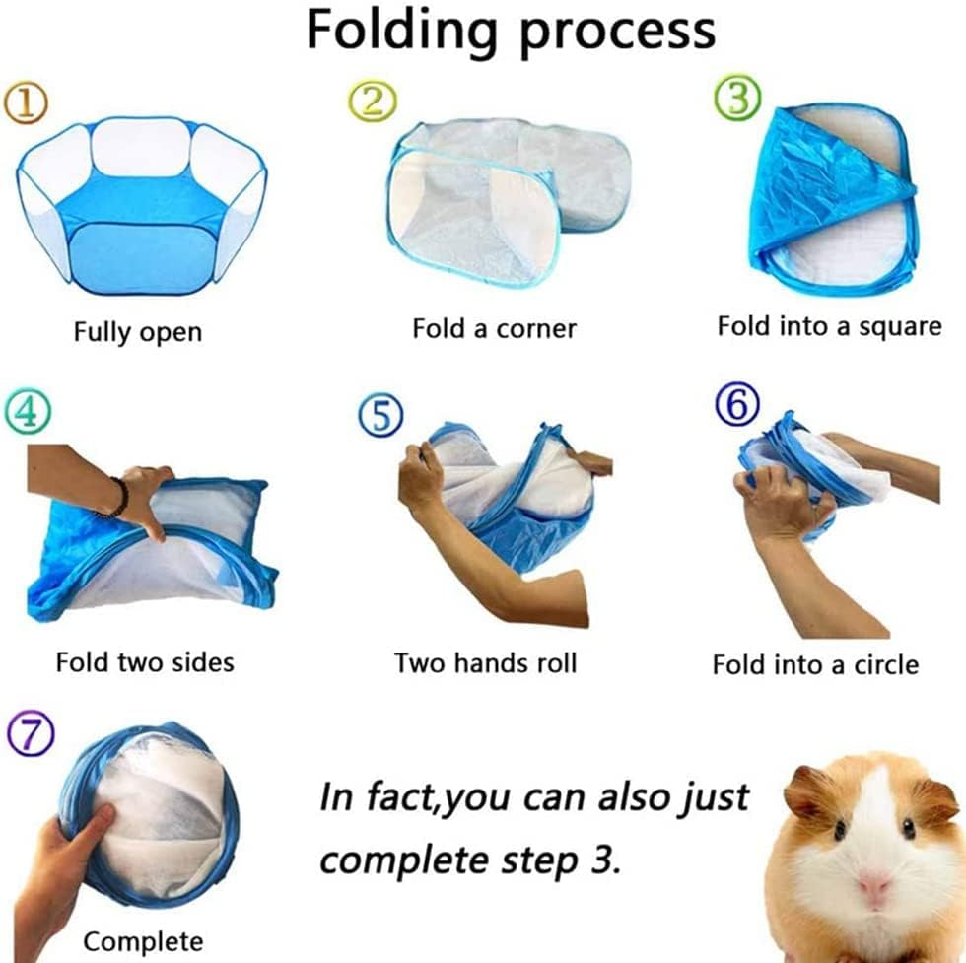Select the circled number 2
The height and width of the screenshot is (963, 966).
tap(372, 100)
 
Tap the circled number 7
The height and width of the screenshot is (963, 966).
tap(26, 733)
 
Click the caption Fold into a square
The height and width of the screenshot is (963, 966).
tap(829, 325)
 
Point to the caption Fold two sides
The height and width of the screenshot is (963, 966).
tap(145, 660)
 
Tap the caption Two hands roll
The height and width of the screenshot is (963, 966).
tap(485, 662)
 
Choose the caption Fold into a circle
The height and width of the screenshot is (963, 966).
tap(815, 664)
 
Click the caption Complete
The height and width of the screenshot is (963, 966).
tap(144, 940)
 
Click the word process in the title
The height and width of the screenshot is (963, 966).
tap(618, 31)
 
